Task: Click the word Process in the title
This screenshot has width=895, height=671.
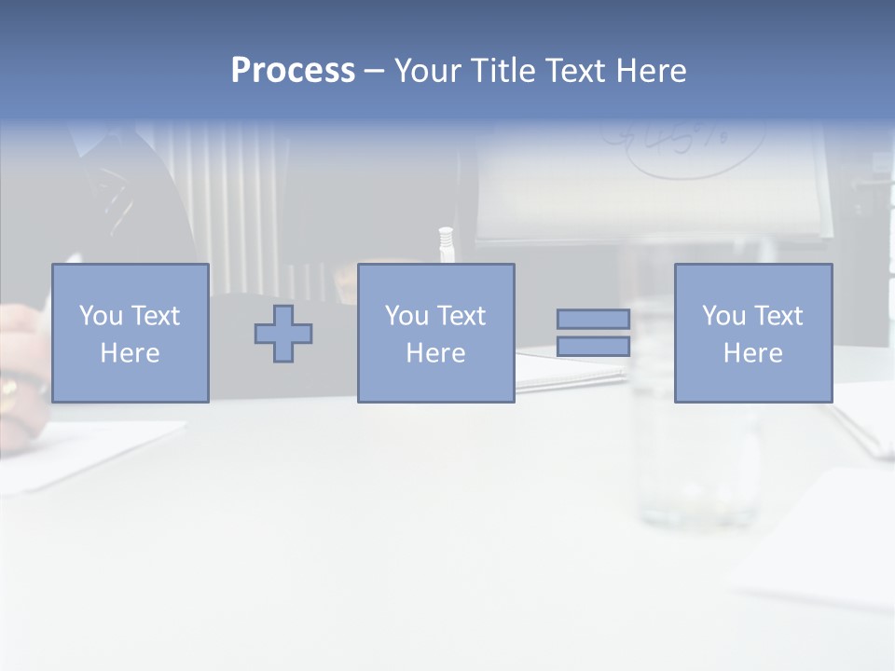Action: (x=293, y=71)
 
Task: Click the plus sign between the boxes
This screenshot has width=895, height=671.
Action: (x=283, y=333)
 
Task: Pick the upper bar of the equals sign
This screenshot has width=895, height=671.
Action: (x=593, y=319)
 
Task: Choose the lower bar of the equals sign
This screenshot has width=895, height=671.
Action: (x=593, y=347)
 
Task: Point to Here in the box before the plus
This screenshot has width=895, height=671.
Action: (x=131, y=353)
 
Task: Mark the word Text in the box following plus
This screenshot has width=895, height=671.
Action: (x=462, y=316)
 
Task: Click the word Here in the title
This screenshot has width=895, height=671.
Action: (x=653, y=71)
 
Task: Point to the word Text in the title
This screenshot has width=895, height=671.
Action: (x=578, y=71)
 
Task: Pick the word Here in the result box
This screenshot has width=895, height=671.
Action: (x=753, y=353)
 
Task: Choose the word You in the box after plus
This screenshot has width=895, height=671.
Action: (x=407, y=316)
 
